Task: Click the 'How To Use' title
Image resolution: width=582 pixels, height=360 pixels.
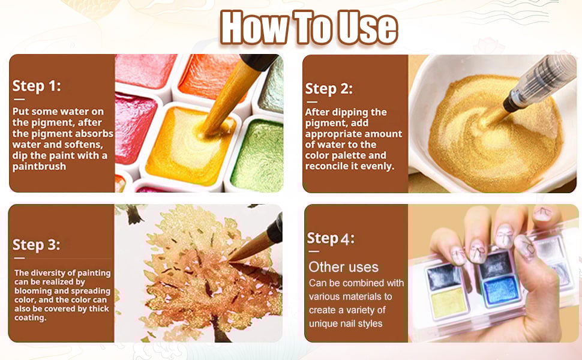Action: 309,28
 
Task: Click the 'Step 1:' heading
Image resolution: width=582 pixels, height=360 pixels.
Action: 37,86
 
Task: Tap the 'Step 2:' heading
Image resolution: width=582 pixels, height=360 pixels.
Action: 328,89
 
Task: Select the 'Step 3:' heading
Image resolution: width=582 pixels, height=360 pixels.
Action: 36,245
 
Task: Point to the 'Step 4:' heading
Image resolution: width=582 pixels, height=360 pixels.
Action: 331,238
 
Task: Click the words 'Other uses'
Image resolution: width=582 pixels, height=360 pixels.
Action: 343,267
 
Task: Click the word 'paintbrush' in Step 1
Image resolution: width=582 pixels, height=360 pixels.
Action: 39,167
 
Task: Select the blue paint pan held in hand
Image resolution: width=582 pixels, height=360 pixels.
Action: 501,291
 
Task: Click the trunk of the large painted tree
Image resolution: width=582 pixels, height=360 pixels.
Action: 218,328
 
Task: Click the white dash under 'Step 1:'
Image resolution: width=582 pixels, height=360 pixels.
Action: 19,100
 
